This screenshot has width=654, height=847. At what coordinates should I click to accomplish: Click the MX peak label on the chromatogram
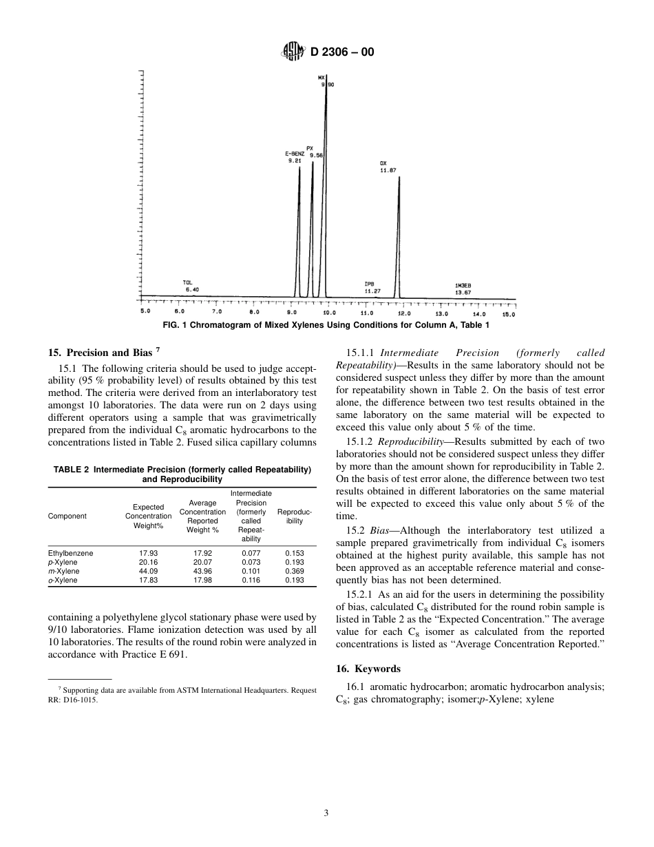point(321,77)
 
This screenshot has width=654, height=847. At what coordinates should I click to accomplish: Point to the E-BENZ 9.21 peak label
point(295,157)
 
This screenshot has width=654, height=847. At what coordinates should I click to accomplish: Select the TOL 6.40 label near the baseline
point(191,286)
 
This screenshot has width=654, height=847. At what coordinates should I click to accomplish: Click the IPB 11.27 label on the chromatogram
point(372,287)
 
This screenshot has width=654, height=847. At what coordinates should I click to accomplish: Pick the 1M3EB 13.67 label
point(463,289)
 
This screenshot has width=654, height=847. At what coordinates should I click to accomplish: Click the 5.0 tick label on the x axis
point(145,312)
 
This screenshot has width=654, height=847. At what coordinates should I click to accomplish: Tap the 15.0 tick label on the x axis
point(508,314)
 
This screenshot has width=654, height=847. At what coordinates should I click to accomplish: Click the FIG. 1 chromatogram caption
point(326,325)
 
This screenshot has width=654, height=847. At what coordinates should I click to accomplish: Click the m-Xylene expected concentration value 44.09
point(148,571)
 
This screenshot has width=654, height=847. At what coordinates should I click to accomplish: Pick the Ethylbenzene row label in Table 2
point(70,553)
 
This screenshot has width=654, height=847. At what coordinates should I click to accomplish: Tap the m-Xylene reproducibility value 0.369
point(294,571)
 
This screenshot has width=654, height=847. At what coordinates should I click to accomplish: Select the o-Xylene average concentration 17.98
point(202,580)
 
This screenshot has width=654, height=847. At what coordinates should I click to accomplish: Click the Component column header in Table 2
point(67,516)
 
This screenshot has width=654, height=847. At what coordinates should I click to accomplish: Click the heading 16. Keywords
point(368,669)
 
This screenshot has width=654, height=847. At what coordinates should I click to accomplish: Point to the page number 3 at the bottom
point(326,813)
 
